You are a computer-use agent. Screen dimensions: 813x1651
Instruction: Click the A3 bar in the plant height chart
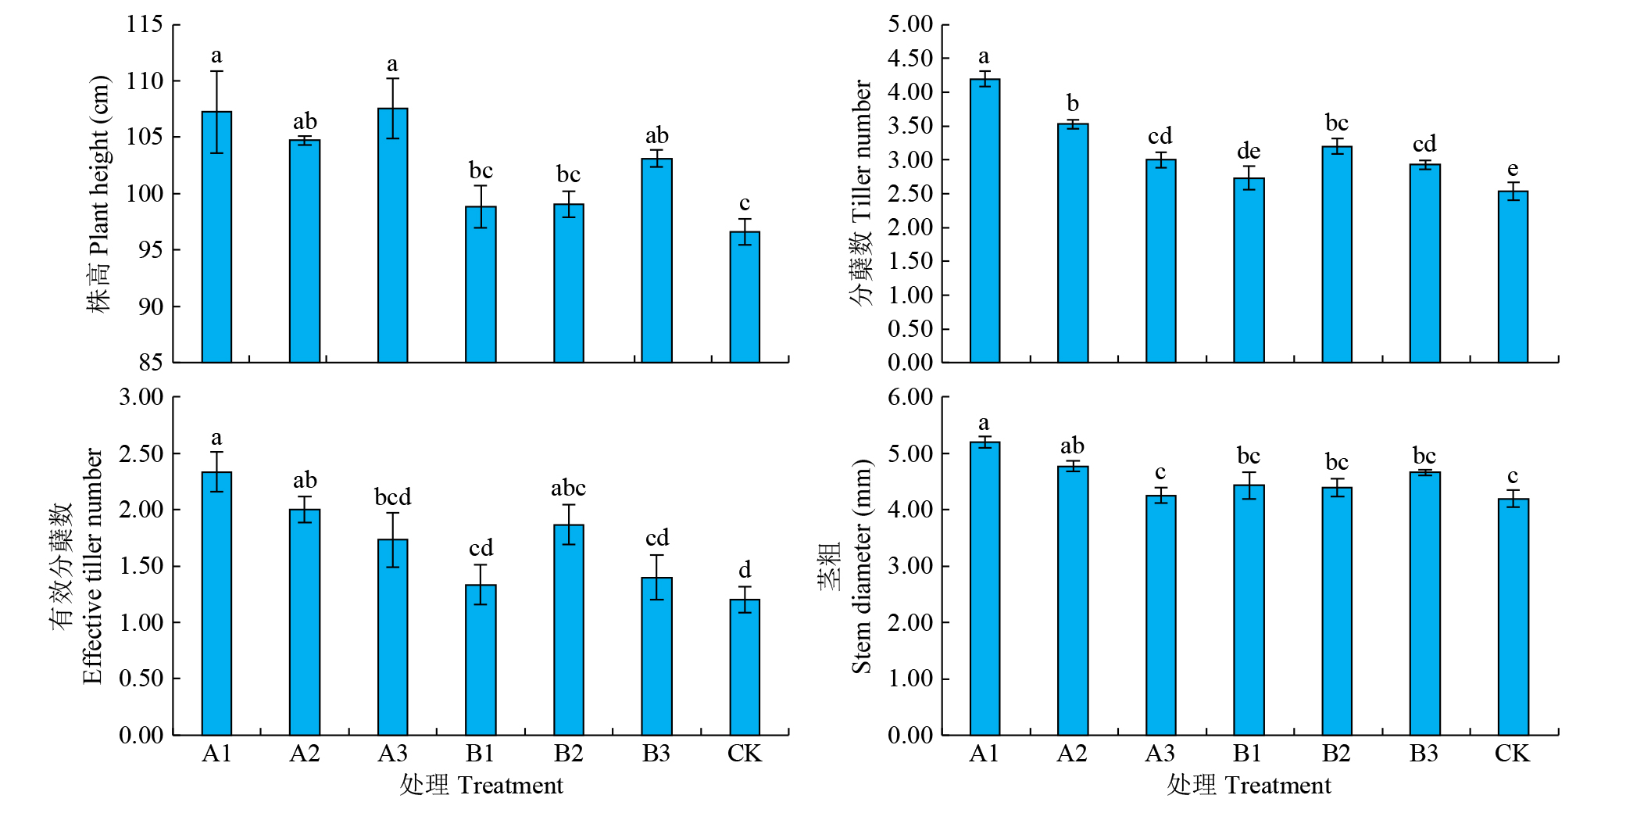[392, 235]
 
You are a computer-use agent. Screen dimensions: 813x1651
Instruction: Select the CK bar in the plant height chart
[745, 297]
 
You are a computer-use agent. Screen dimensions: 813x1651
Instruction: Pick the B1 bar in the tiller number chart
[1249, 270]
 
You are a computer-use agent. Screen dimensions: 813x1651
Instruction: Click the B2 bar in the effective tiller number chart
[569, 629]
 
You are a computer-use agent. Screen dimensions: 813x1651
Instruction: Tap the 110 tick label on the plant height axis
[145, 81]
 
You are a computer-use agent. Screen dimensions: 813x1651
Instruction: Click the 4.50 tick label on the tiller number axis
[910, 58]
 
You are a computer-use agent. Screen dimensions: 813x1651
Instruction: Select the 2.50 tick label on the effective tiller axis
[141, 453]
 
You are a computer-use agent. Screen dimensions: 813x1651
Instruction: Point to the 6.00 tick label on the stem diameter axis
[910, 397]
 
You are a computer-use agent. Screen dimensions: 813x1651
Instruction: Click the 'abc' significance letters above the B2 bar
[568, 489]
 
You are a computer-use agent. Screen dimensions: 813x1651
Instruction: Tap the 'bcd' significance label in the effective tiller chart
[392, 497]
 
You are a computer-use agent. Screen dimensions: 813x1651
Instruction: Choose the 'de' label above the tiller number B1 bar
[1249, 151]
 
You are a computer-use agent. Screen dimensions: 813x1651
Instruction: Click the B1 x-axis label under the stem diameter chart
[1248, 753]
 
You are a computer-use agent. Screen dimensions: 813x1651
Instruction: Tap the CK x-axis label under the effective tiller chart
[744, 753]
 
